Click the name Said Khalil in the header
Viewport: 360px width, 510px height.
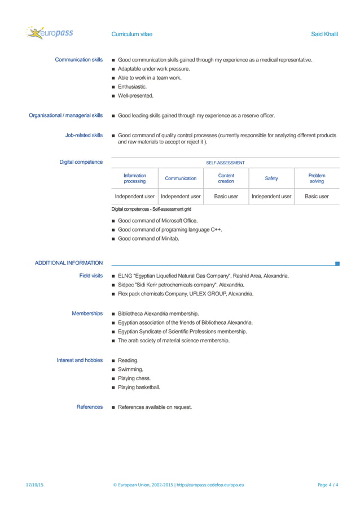[x=324, y=34]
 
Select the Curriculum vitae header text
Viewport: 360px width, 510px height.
[x=131, y=34]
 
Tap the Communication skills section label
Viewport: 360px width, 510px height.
[x=78, y=59]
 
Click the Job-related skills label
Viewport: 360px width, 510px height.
[x=84, y=136]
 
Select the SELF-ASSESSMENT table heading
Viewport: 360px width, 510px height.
[x=225, y=163]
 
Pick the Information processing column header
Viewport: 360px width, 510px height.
[x=134, y=178]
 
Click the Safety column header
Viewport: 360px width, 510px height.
[x=271, y=178]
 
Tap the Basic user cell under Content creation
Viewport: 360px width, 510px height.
[x=226, y=197]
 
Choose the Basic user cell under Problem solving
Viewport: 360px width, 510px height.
[x=317, y=197]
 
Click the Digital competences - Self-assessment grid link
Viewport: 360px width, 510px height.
[x=151, y=209]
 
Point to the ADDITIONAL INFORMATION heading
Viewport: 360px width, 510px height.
[x=69, y=263]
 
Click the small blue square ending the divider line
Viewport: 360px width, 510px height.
[x=337, y=263]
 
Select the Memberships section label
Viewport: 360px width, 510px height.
[x=87, y=313]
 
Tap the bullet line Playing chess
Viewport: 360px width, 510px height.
[x=134, y=378]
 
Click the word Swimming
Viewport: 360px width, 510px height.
[x=130, y=369]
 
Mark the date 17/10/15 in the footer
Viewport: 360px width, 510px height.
[x=34, y=485]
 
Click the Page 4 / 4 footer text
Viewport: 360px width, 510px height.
[x=328, y=485]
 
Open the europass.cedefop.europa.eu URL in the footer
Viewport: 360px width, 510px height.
[x=211, y=485]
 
